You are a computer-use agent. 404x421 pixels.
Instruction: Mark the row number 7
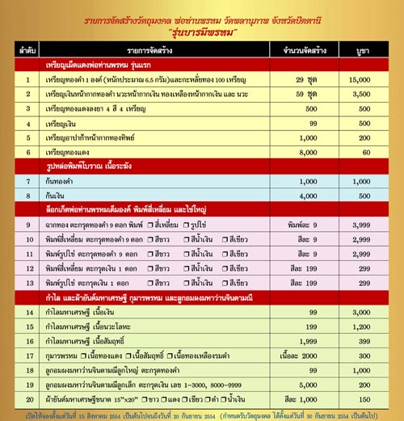click(x=27, y=180)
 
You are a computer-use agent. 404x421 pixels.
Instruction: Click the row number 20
click(x=27, y=398)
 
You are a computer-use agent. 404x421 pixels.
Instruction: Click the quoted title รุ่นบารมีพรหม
click(x=202, y=32)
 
